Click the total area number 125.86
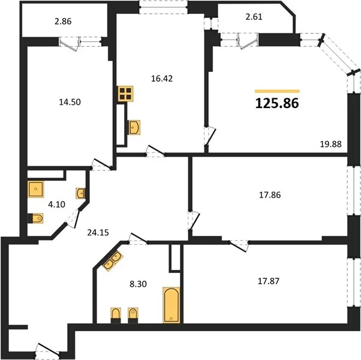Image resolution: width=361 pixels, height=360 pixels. [277, 103]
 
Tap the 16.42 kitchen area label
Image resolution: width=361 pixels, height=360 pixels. [162, 79]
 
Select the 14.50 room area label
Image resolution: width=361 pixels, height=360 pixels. [70, 102]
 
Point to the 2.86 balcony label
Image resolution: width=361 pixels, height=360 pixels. [63, 21]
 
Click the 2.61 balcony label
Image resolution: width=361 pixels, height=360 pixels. [254, 17]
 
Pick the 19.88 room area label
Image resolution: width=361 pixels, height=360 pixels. [331, 144]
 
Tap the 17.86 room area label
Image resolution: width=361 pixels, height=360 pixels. [270, 195]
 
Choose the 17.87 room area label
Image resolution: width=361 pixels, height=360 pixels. [269, 281]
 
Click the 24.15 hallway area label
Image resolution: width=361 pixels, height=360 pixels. [98, 233]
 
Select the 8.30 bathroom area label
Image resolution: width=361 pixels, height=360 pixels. [138, 284]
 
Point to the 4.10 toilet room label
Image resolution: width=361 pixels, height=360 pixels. [56, 204]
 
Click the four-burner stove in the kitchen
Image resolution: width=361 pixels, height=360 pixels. [125, 94]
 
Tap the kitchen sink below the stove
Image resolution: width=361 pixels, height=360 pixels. [134, 127]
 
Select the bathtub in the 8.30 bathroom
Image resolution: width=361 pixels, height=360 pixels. [172, 305]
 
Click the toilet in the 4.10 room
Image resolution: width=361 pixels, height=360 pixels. [36, 218]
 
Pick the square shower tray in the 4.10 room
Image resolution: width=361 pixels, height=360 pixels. [36, 190]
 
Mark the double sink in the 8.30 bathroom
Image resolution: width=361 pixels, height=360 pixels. [112, 261]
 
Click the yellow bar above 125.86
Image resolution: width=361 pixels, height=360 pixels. [277, 91]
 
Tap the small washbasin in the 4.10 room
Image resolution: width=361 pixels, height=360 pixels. [80, 193]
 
